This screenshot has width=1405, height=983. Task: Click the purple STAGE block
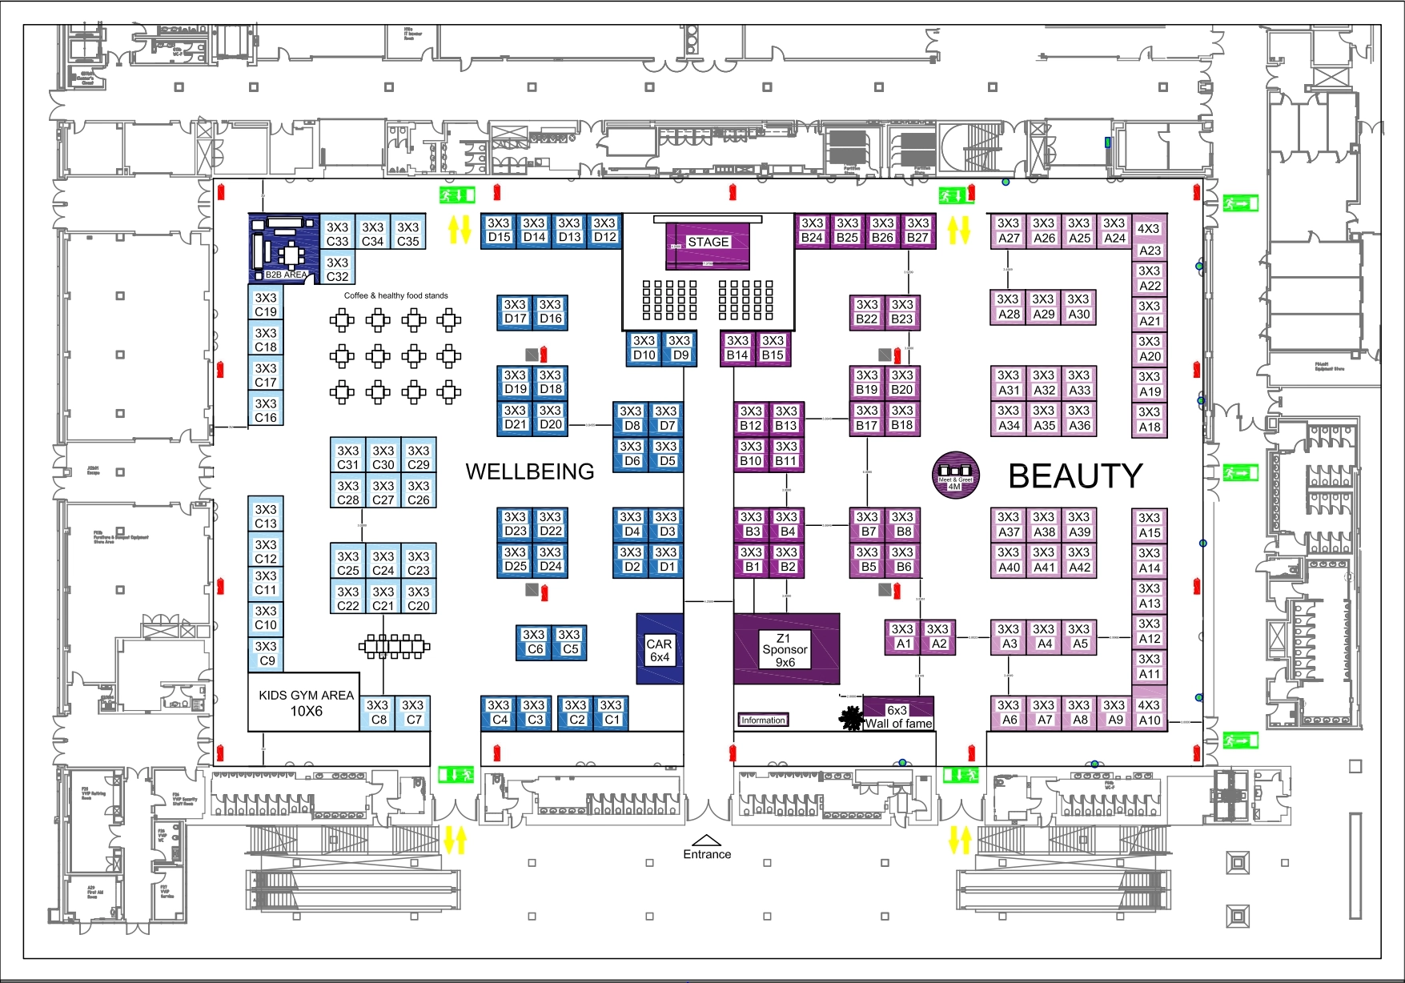[x=708, y=245]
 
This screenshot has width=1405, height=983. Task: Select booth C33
[x=337, y=234]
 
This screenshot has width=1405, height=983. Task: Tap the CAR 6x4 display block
[x=660, y=649]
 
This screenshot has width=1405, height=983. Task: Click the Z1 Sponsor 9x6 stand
[x=785, y=649]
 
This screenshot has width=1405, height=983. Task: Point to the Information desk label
[x=763, y=720]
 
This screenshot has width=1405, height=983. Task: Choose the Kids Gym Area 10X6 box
[x=304, y=703]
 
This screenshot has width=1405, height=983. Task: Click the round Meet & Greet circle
[x=955, y=475]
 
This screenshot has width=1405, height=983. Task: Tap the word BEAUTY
[x=1075, y=476]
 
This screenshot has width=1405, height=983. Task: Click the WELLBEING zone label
[x=530, y=471]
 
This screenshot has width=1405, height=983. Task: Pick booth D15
[x=499, y=230]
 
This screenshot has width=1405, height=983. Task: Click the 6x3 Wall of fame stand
[x=898, y=715]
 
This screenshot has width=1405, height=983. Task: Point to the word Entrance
[x=707, y=854]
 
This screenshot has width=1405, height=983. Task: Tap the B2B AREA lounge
[x=283, y=248]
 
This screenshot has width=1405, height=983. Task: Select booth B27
[x=917, y=230]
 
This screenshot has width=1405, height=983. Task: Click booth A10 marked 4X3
[x=1149, y=712]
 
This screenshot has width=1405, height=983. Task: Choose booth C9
[x=266, y=653]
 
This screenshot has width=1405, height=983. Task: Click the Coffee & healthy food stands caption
[x=395, y=295]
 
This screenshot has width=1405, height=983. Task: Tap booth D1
[x=666, y=560]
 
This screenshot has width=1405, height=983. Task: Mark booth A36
[x=1079, y=418]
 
